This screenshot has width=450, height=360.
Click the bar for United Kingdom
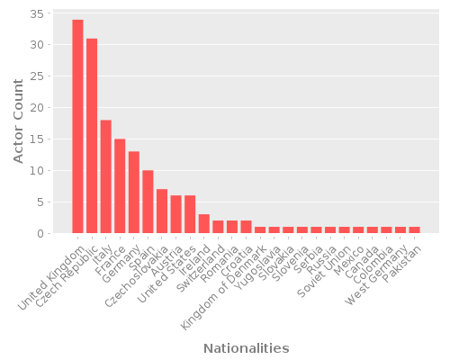(77, 126)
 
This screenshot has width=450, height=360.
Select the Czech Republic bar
(92, 136)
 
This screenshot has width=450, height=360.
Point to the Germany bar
(134, 193)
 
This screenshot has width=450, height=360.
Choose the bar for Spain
(148, 202)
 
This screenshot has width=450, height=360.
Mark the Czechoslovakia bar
(162, 211)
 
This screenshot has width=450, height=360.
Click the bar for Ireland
(204, 224)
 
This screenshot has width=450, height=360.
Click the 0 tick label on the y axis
(40, 234)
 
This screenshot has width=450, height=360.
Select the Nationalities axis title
(246, 348)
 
